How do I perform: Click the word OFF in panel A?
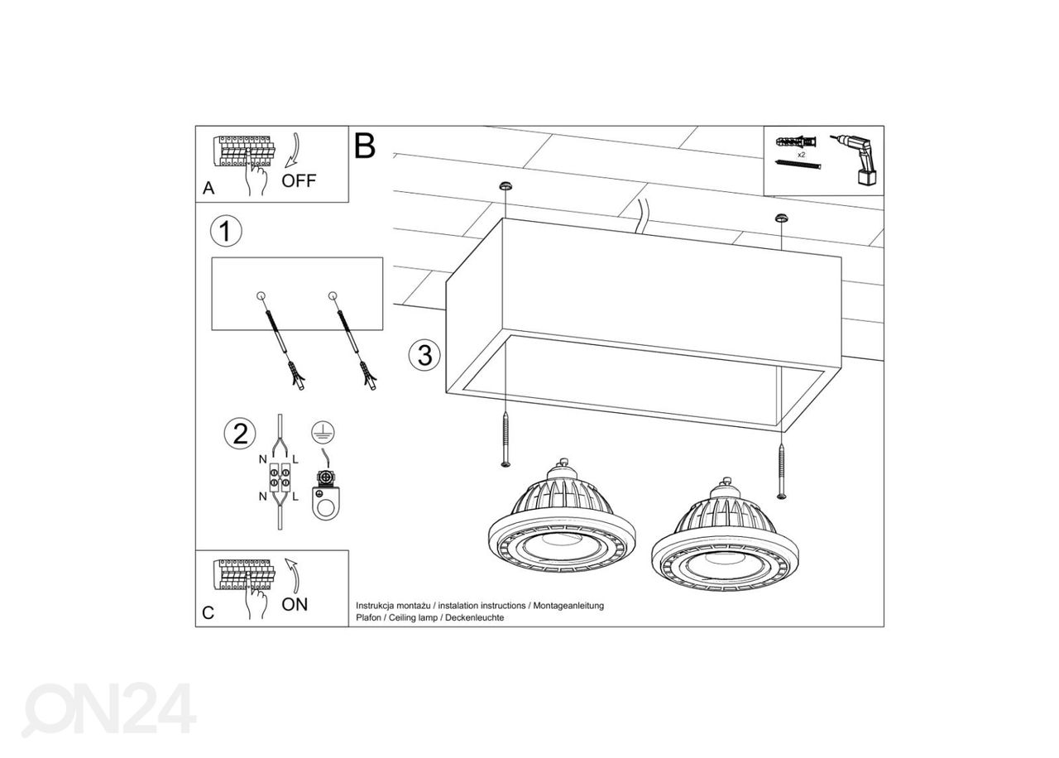click(x=299, y=181)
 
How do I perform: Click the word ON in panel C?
click(x=295, y=604)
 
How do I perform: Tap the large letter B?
click(x=364, y=146)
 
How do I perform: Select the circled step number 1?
click(x=226, y=231)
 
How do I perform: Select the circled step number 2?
click(x=240, y=434)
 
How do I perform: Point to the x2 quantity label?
click(x=801, y=155)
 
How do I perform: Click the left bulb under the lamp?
click(x=559, y=517)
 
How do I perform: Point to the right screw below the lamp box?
click(x=782, y=471)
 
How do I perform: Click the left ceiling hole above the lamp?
click(x=503, y=185)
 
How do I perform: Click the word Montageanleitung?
click(x=568, y=606)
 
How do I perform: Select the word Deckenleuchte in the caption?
click(x=475, y=618)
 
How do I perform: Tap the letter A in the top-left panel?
click(x=208, y=189)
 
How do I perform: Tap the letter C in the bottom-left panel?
click(x=208, y=613)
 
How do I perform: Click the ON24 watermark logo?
click(x=109, y=708)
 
